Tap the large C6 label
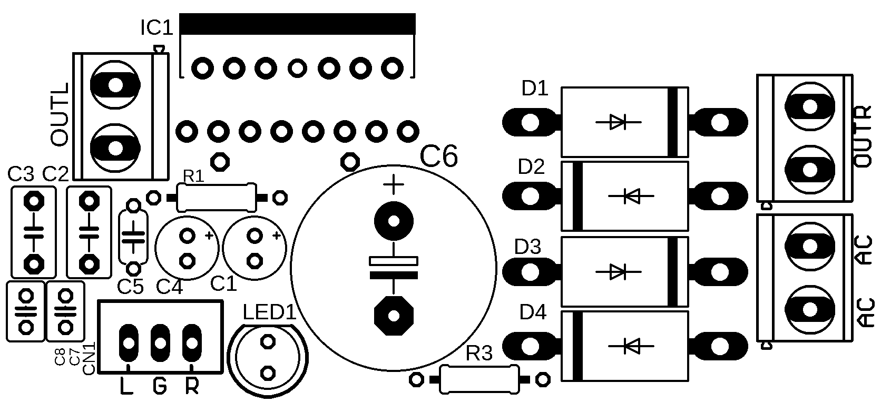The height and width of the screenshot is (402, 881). (x=439, y=156)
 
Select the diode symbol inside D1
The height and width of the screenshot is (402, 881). (x=618, y=122)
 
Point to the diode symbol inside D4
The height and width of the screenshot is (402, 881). (x=631, y=346)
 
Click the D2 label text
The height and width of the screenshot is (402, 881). (x=531, y=167)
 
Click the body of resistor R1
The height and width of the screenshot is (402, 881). (x=216, y=198)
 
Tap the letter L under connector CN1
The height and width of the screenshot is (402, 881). (x=126, y=387)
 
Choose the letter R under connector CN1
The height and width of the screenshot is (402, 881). (x=192, y=387)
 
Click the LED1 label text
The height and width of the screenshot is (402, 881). (x=270, y=313)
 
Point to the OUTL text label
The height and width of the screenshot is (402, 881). (x=60, y=114)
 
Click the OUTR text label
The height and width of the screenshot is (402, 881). (x=862, y=136)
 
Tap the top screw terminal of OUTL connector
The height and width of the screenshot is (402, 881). (x=115, y=84)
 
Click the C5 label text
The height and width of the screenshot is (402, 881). (x=130, y=287)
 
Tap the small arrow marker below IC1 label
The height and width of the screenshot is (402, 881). (x=159, y=49)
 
